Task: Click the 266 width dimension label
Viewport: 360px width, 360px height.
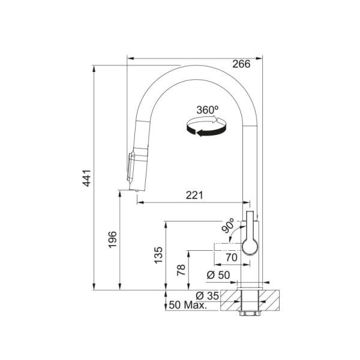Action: (241, 64)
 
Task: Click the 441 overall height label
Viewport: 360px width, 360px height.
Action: (87, 178)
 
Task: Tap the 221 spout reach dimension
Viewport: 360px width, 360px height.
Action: (194, 195)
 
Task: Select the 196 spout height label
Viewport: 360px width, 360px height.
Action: (113, 239)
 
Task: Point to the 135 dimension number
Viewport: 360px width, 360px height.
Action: (158, 255)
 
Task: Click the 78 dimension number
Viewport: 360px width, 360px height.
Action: (181, 270)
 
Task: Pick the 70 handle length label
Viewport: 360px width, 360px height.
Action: (232, 257)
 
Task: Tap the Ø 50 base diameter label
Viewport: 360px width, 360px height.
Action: (218, 275)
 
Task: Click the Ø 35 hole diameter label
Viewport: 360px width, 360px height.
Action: (208, 296)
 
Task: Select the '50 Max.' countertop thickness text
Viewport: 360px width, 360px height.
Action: (188, 305)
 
